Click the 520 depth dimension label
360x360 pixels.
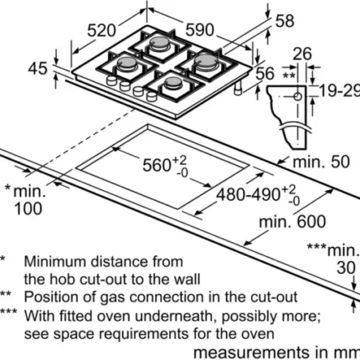coord(101,30)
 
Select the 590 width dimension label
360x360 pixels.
coord(200,30)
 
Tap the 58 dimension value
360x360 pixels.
coord(285,21)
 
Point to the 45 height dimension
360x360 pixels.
coord(38,68)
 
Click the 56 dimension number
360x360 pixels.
coord(265,74)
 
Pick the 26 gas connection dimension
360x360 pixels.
coord(302,54)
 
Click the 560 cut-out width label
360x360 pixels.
coord(165,165)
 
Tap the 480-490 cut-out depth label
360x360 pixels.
coord(258,194)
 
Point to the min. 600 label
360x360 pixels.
coord(292,222)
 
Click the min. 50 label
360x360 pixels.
coord(321,162)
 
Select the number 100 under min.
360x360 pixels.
coord(28,208)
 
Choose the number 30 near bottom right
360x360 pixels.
coord(346,268)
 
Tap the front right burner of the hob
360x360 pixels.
coord(173,83)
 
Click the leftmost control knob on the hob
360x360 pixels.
coord(111,80)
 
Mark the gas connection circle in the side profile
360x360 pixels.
coord(298,97)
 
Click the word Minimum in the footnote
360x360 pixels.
coord(55,262)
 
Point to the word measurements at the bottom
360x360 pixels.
coord(252,352)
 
